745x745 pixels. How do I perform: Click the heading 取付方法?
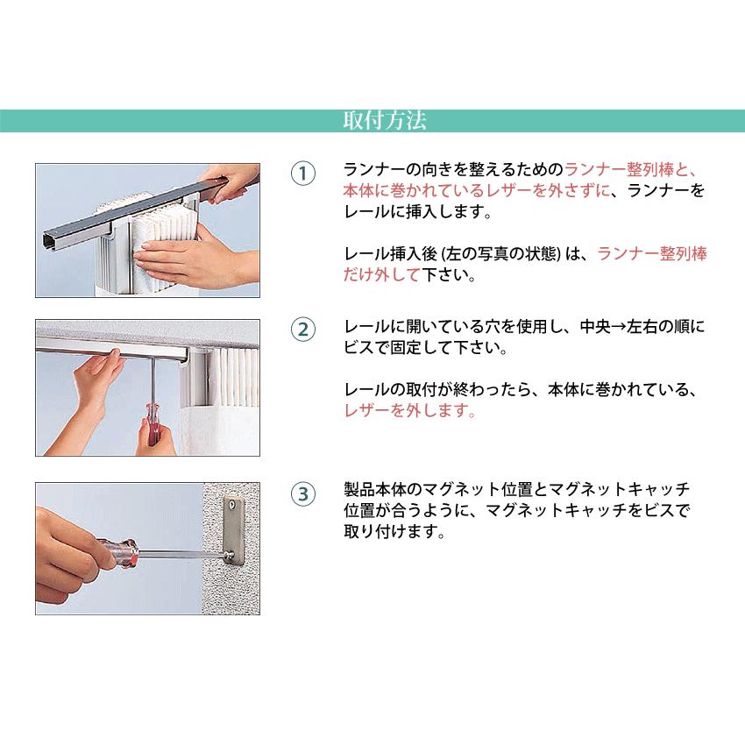(372, 121)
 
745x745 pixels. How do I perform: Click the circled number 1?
(302, 173)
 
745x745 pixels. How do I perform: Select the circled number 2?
(302, 330)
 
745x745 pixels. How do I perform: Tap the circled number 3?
(302, 493)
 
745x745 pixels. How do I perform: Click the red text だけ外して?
(381, 274)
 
